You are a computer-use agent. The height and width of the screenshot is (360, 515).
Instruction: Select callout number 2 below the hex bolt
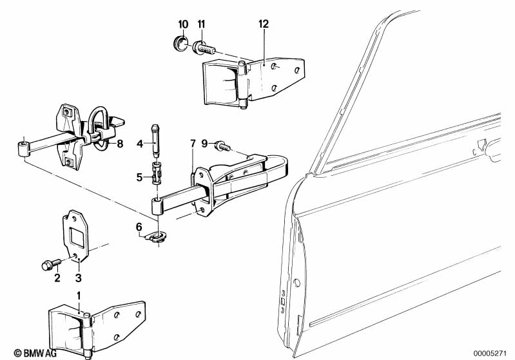click(x=57, y=278)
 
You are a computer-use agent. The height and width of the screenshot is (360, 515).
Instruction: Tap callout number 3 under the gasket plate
click(x=79, y=278)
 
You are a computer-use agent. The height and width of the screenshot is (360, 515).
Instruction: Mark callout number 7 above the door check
click(x=191, y=142)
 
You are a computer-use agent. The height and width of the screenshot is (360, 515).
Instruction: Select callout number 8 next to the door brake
click(x=120, y=144)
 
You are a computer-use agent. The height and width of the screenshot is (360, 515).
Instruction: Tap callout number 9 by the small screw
click(x=204, y=143)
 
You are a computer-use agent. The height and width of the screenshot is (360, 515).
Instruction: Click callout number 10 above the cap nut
click(x=182, y=24)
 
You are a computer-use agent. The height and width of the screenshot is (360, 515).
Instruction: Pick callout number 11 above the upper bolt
click(x=201, y=24)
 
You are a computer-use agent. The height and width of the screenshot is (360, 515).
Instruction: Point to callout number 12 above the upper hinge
click(x=262, y=24)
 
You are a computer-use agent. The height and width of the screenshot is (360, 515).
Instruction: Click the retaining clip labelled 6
click(x=157, y=239)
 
